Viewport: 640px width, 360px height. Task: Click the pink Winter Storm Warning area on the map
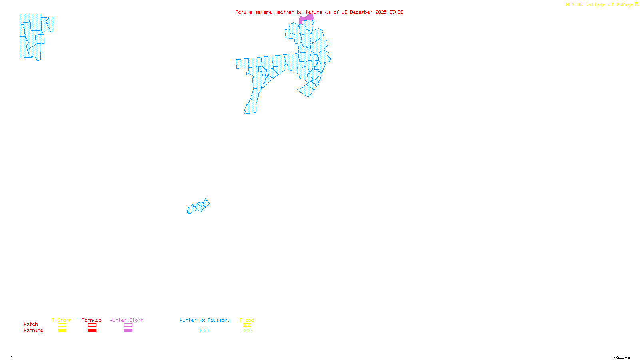(306, 18)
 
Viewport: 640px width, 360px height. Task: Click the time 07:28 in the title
(396, 12)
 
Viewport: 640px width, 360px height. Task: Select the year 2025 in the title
(381, 12)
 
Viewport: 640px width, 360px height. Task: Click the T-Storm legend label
(62, 320)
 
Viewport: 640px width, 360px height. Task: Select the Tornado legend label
(92, 320)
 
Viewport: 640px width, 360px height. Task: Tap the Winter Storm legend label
(126, 320)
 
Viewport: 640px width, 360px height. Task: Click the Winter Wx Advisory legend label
(205, 320)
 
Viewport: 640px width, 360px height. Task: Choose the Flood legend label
(247, 320)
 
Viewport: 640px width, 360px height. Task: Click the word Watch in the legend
(31, 324)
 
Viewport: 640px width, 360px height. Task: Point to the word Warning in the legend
(34, 330)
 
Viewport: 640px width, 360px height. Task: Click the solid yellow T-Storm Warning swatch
(62, 331)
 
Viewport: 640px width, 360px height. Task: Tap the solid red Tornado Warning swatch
(92, 331)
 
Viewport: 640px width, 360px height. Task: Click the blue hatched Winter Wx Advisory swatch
(204, 331)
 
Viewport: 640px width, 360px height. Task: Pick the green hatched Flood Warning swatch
(247, 331)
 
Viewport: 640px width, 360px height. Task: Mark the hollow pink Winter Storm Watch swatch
(128, 325)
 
